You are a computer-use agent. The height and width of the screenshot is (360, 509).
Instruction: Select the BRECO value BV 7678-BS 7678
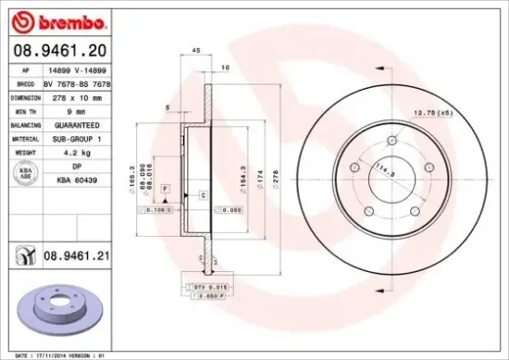coord(83,82)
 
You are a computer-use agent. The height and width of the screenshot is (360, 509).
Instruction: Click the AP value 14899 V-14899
coord(83,68)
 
